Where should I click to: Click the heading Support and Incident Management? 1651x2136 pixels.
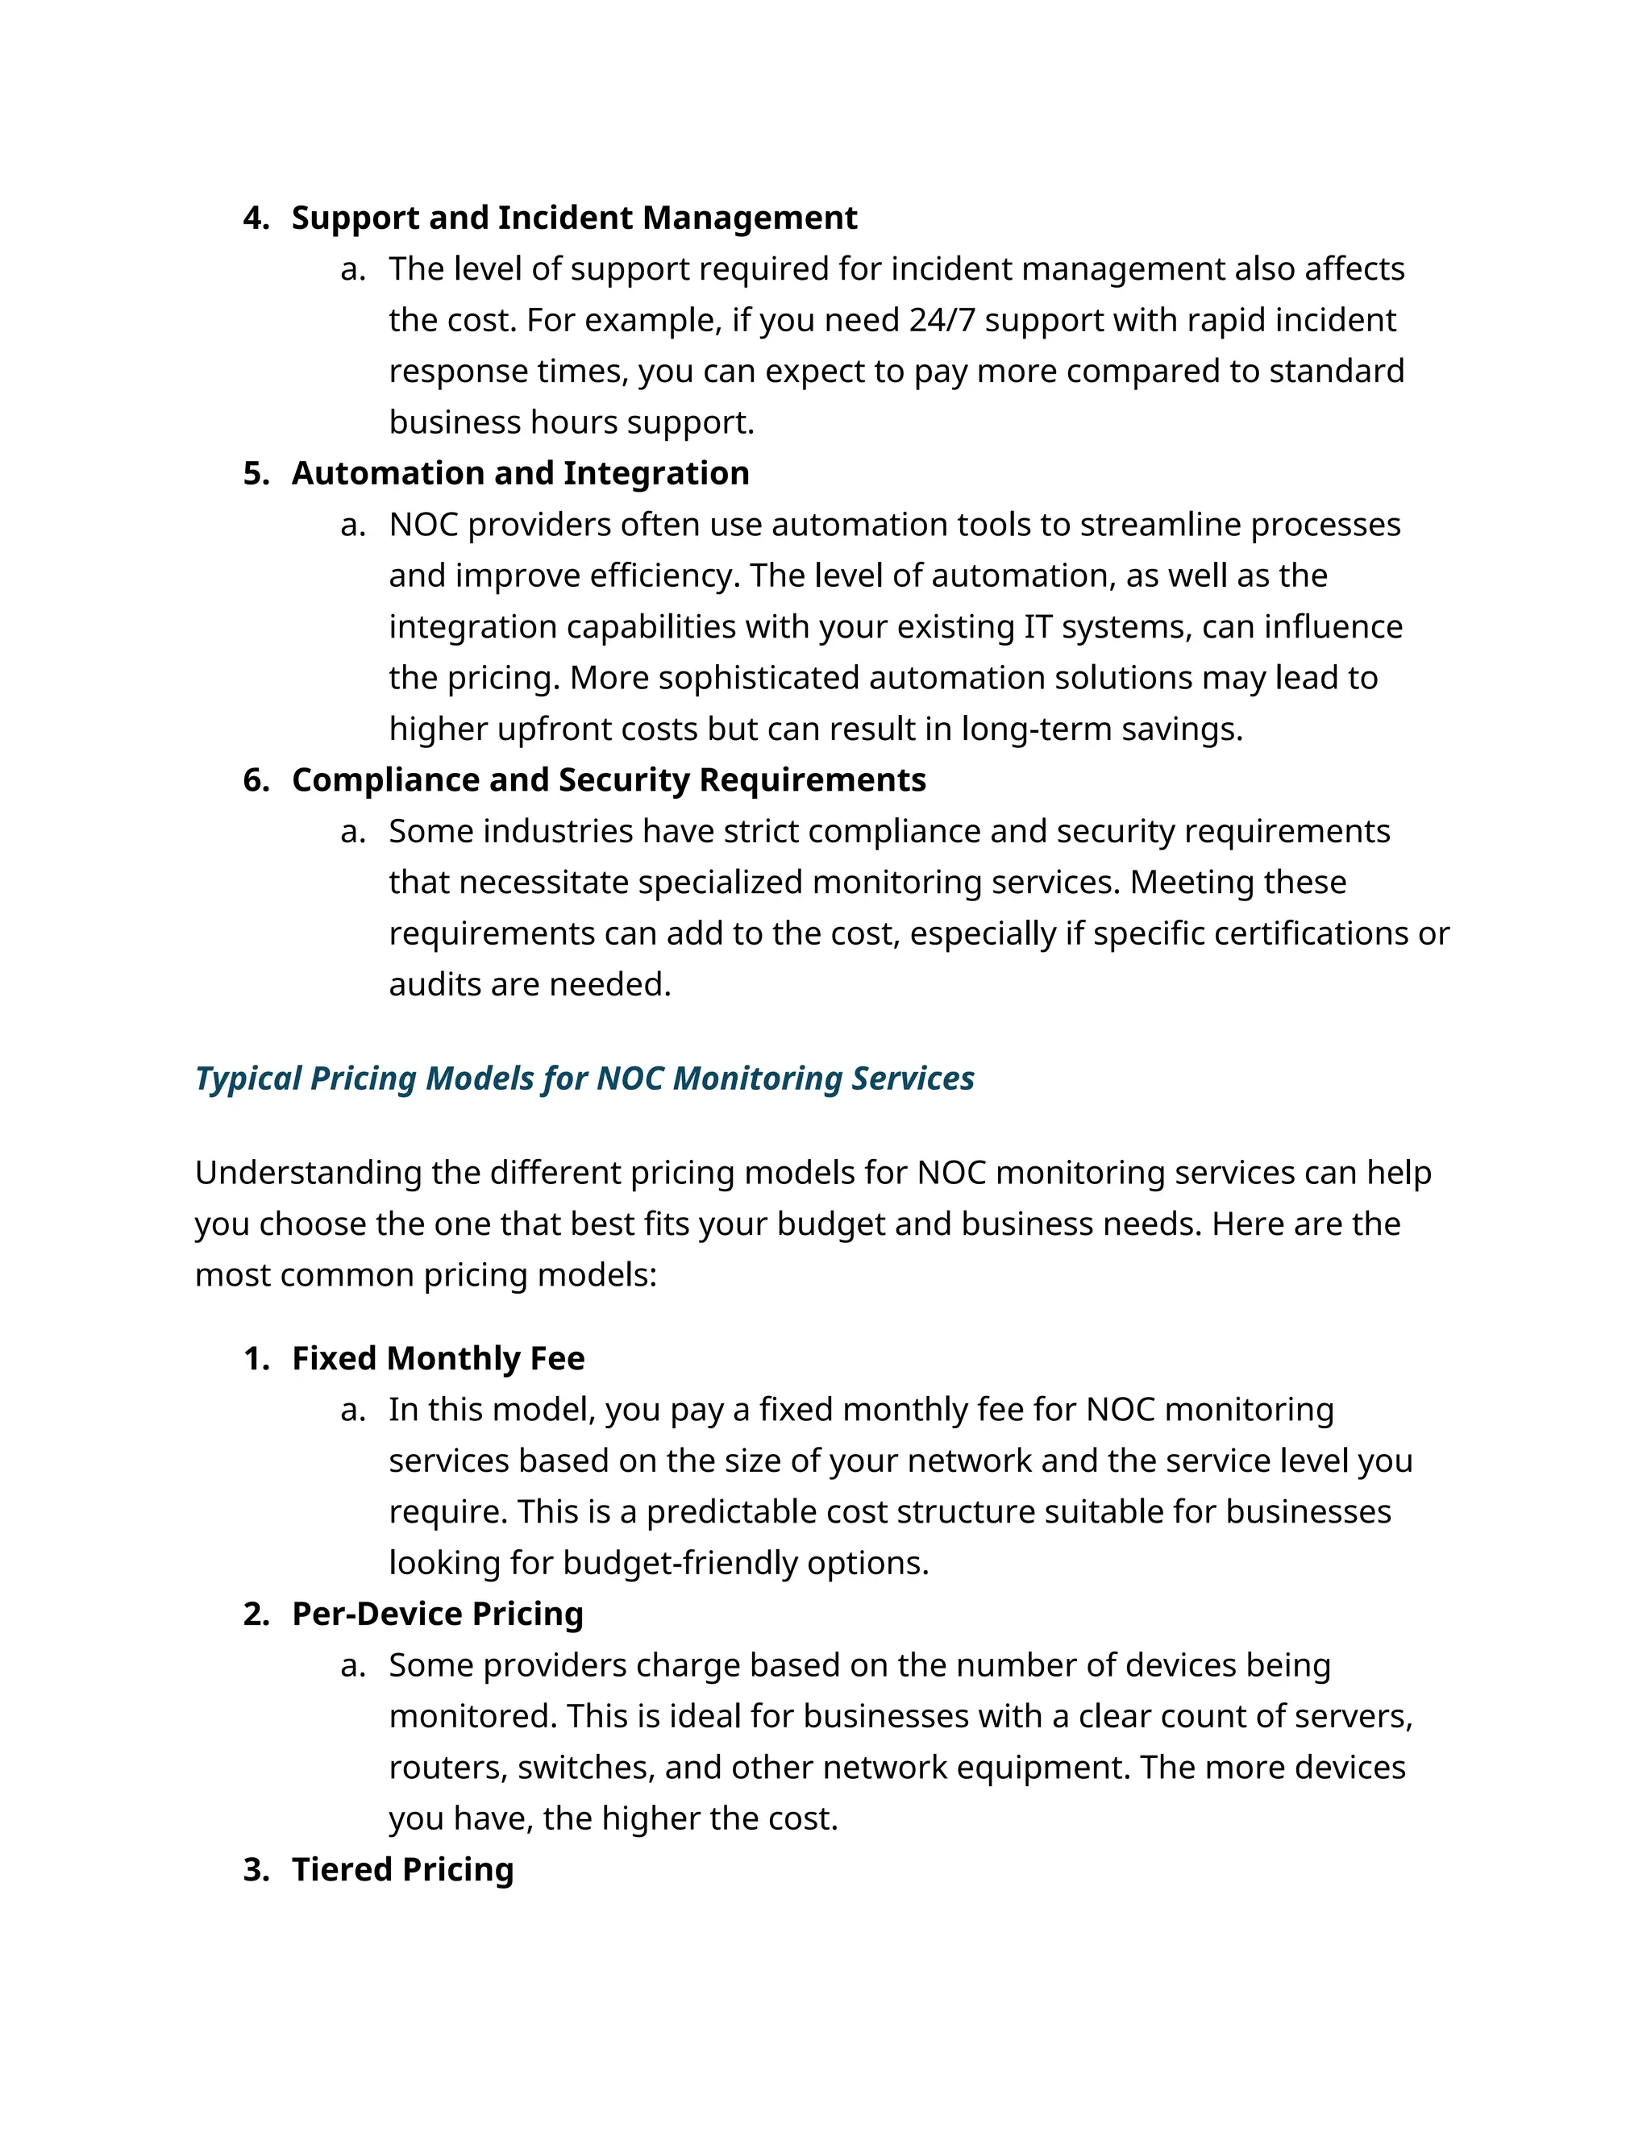(574, 217)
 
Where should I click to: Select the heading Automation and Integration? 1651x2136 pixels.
(520, 473)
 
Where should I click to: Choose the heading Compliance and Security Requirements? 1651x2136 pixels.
(609, 780)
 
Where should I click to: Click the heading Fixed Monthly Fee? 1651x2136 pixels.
(439, 1358)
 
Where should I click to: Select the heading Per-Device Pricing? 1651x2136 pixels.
(437, 1614)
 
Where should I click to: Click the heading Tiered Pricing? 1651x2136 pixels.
(402, 1869)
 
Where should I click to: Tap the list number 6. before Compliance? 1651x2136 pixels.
(256, 780)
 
